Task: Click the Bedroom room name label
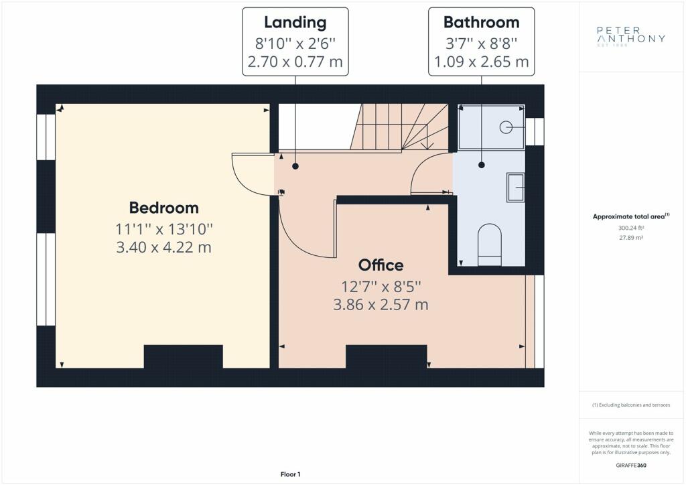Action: click(163, 208)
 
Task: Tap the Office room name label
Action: click(381, 265)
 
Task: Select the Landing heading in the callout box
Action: click(295, 22)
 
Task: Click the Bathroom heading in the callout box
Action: click(481, 22)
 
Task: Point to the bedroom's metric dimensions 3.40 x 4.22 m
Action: click(163, 247)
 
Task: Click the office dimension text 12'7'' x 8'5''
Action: click(381, 287)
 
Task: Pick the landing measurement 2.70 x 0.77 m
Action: click(295, 62)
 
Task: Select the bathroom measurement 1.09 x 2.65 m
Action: click(481, 62)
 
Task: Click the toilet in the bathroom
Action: click(490, 245)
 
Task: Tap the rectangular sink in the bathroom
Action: click(515, 187)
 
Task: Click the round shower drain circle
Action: click(506, 127)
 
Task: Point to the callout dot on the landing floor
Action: click(295, 166)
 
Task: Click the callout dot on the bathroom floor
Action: click(482, 165)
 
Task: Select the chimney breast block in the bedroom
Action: click(184, 356)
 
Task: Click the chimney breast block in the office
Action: click(387, 356)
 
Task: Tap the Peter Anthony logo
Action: click(631, 36)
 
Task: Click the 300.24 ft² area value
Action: click(631, 228)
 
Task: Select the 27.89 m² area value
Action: click(631, 238)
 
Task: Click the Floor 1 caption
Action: click(291, 474)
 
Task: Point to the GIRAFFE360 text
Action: click(631, 466)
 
